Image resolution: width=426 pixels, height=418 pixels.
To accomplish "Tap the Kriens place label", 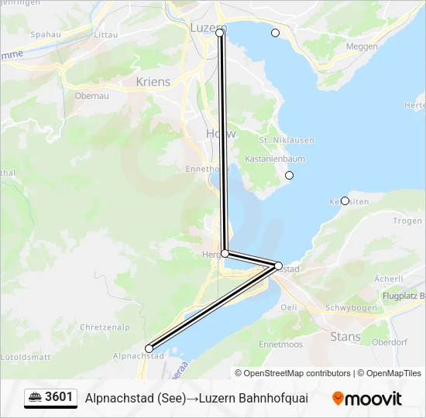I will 153,81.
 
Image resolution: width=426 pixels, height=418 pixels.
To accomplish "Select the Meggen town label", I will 362,46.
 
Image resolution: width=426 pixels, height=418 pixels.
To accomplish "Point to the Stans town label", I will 345,337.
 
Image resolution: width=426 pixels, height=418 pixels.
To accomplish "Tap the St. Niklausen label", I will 276,140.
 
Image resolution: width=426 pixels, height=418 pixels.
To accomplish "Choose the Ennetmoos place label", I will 281,344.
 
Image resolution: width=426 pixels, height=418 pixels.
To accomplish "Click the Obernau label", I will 91,96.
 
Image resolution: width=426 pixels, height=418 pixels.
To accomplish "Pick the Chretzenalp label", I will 104,327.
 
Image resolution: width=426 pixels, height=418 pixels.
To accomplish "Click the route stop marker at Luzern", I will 220,33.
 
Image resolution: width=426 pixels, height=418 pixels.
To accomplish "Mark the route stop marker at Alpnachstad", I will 149,348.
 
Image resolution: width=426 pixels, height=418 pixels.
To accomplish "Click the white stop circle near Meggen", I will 275,33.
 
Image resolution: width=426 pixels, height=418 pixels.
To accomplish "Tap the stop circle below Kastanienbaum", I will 290,175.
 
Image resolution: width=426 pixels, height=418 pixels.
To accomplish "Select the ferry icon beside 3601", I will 35,397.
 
